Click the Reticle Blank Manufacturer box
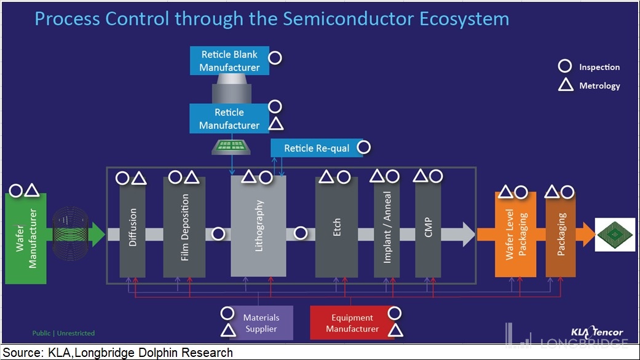pos(229,60)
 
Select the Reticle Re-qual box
pos(317,148)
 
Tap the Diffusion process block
pos(132,227)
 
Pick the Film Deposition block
pos(184,227)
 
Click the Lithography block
pos(258,226)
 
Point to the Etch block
pos(336,227)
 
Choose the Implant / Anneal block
pos(387,227)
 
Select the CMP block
pos(428,227)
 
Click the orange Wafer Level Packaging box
pos(516,235)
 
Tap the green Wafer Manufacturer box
pos(26,238)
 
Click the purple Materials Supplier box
pos(261,323)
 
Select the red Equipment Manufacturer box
pos(352,323)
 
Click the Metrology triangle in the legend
pos(566,84)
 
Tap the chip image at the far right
pos(615,235)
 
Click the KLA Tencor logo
pos(597,332)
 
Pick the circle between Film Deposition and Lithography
pos(218,233)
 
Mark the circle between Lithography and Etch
pos(301,233)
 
